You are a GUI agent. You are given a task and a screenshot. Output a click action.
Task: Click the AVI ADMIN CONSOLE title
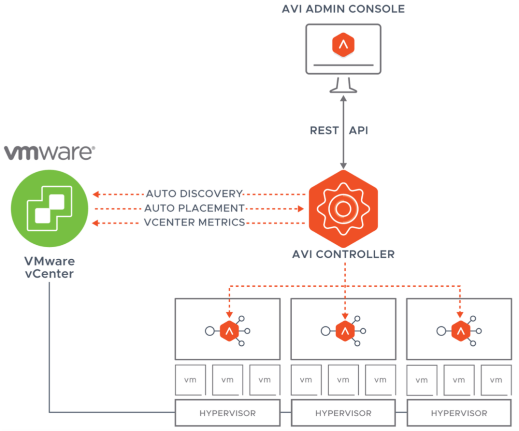point(343,9)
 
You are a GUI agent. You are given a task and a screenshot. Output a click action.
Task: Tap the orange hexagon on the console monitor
point(343,45)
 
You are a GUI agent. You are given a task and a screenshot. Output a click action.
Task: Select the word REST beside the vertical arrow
point(324,130)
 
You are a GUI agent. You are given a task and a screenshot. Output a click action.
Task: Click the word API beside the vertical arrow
point(358,130)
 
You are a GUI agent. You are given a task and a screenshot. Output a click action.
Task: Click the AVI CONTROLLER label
point(343,254)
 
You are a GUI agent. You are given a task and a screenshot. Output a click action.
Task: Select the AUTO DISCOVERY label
point(194,194)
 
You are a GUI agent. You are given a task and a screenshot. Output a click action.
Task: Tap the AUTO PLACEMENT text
point(194,208)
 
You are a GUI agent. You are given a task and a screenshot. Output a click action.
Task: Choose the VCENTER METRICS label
point(194,222)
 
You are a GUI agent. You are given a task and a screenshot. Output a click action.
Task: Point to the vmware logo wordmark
point(49,152)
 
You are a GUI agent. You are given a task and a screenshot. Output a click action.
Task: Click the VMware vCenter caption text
point(49,267)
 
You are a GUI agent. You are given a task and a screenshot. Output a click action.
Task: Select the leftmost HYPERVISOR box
point(227,413)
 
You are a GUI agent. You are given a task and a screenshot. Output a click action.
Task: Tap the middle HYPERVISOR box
point(343,413)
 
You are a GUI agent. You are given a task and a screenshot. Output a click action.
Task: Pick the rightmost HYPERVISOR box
point(459,413)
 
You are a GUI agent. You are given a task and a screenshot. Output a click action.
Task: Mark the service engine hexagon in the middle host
point(345,331)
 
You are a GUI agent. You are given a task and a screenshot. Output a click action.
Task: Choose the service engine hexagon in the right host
point(460,331)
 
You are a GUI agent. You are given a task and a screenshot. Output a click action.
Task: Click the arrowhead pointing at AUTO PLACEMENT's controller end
point(301,209)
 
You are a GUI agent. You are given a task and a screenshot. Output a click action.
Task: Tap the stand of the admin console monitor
point(343,86)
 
